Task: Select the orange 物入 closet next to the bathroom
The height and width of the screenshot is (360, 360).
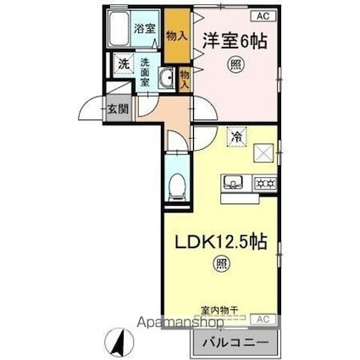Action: coord(176,36)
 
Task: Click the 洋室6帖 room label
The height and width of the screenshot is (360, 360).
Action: coord(230,39)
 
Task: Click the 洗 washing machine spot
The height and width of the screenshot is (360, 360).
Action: coord(123,63)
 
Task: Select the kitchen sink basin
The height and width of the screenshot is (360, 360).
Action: coord(233,181)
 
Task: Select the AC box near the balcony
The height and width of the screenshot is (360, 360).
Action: coord(263,319)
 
